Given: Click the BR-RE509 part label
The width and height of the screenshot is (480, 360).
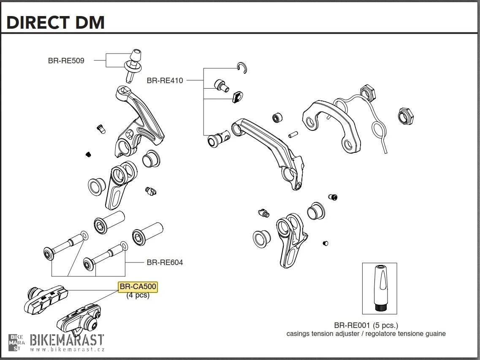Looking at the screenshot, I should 66,61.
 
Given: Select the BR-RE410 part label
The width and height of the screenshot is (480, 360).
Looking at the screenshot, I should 165,80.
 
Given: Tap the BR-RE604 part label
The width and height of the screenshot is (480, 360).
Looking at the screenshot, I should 165,263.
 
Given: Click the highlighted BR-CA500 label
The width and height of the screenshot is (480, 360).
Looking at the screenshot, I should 138,287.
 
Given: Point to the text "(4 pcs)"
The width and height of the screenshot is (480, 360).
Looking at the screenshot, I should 138,295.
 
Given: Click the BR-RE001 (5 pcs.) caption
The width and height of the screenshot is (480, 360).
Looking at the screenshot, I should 366,325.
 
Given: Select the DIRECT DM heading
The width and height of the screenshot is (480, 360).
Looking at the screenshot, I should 55,22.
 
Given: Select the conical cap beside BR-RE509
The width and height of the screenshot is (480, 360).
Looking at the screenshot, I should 135,54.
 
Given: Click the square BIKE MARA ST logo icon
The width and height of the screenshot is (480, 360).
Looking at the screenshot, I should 17,342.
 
